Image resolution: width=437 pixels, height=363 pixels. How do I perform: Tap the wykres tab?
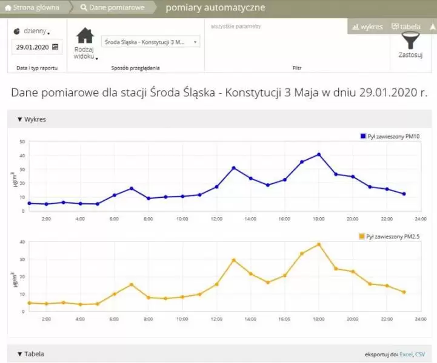[367, 27]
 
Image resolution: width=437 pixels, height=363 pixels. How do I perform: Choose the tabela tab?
[406, 27]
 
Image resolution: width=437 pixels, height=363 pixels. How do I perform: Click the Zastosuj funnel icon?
[411, 41]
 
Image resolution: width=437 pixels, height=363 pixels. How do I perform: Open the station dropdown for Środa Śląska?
[150, 42]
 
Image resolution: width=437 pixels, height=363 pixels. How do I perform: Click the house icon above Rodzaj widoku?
[85, 36]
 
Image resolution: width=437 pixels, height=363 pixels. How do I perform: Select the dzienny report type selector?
[34, 30]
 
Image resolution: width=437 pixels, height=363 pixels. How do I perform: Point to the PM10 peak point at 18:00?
[319, 154]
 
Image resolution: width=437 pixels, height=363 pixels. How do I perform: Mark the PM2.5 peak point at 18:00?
[319, 244]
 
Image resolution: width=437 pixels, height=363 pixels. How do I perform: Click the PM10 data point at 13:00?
[233, 168]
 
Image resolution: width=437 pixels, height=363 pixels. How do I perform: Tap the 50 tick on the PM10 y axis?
[22, 142]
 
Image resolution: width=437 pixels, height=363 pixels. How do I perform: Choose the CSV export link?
[421, 354]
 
